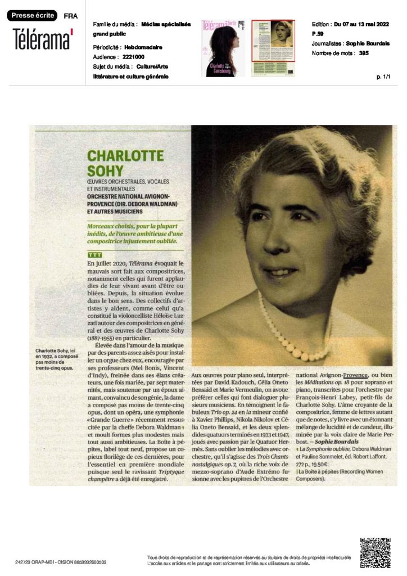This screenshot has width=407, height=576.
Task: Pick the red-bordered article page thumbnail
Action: point(273,48)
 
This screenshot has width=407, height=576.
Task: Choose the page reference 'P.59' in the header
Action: point(317,34)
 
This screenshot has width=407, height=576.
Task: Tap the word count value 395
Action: point(363,53)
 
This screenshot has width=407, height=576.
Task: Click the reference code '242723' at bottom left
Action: point(24,562)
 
